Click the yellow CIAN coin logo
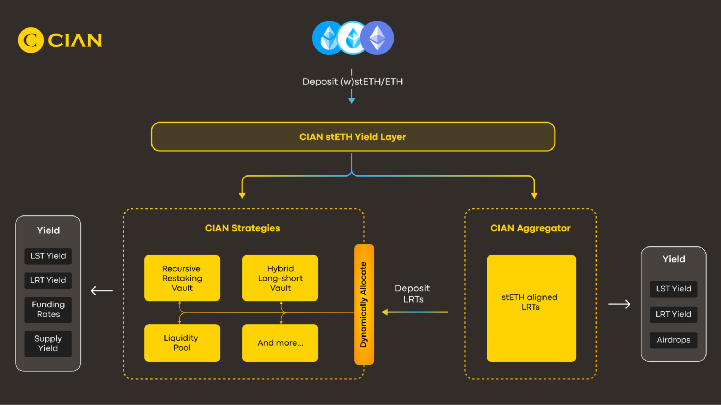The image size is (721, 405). [x=31, y=40]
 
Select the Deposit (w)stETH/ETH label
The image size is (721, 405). [x=352, y=81]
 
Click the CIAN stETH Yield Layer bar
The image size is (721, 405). [x=352, y=137]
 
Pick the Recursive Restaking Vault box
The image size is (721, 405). [x=182, y=278]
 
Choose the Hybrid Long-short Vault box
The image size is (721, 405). [x=280, y=278]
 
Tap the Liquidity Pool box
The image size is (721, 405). [x=182, y=343]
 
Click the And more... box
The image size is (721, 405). [x=280, y=343]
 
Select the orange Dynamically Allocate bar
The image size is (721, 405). [x=364, y=304]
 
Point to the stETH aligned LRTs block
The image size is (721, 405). [x=531, y=308]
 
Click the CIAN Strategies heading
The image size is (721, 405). [x=242, y=228]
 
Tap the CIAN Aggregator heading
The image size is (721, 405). [x=530, y=228]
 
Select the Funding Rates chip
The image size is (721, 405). [x=48, y=310]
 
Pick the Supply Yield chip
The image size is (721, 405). [x=48, y=343]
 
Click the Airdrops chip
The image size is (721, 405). [x=673, y=340]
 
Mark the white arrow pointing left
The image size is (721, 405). [x=101, y=290]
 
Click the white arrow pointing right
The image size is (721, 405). [x=619, y=304]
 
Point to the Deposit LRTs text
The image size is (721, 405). [x=413, y=294]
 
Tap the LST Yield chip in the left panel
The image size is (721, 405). [x=48, y=256]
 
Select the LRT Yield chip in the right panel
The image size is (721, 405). [x=673, y=314]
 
